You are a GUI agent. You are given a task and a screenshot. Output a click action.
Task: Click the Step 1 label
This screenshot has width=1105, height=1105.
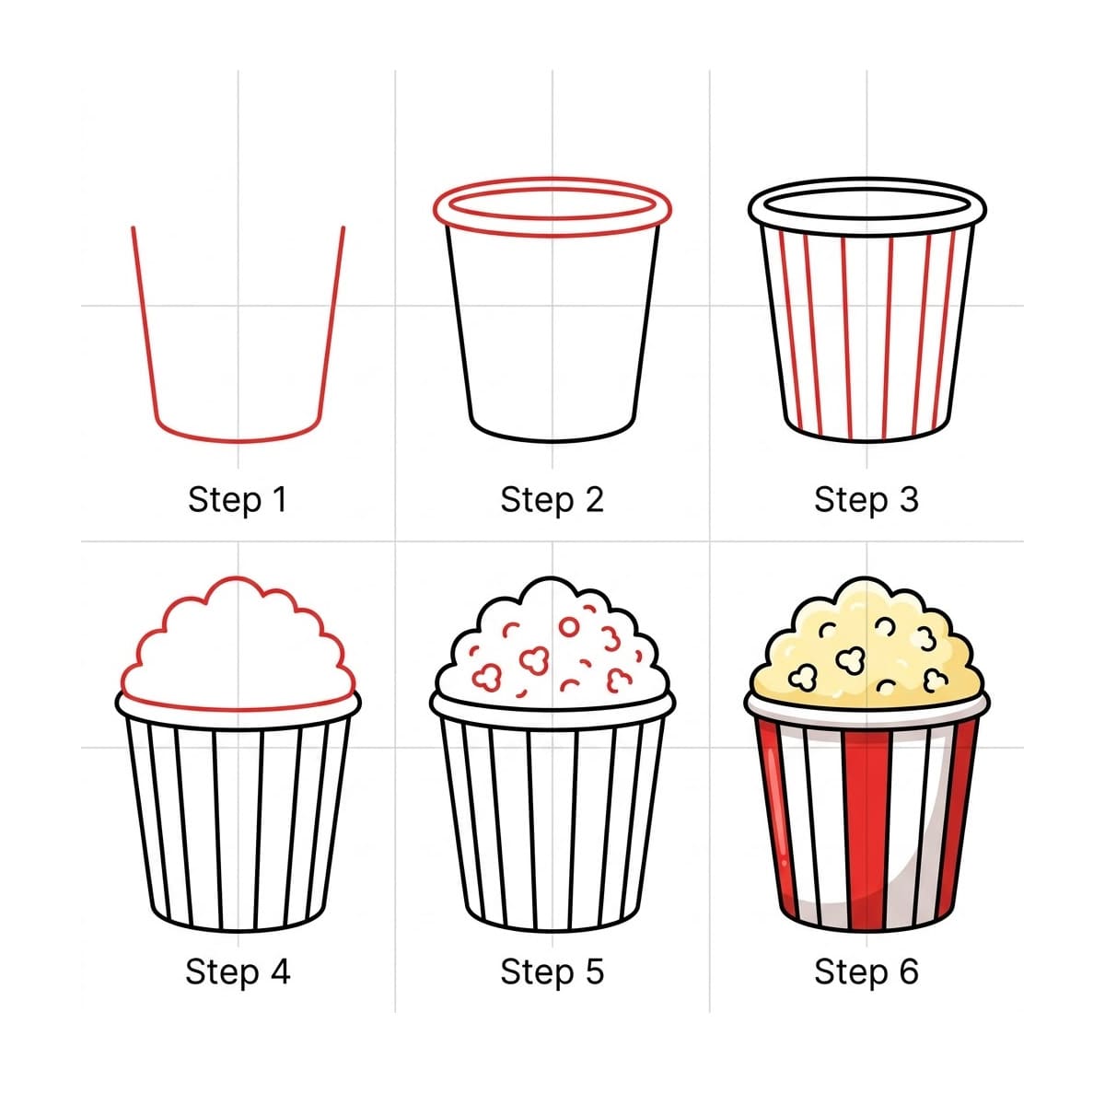click(238, 500)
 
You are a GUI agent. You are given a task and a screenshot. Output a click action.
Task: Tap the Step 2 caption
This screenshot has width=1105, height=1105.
click(552, 500)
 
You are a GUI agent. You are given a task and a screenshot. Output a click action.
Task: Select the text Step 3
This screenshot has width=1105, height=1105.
click(866, 500)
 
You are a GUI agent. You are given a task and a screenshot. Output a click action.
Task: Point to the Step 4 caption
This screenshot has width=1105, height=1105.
click(238, 971)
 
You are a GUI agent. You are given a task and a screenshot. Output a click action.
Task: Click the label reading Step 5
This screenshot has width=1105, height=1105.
click(552, 971)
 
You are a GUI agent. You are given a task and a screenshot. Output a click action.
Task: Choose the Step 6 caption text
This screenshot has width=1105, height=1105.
click(866, 971)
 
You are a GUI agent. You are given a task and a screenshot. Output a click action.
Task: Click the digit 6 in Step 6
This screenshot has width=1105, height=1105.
click(909, 971)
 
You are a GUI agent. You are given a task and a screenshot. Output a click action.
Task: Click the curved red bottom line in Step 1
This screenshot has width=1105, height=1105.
click(238, 440)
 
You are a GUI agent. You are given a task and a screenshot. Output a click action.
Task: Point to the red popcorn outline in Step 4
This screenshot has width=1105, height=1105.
click(238, 579)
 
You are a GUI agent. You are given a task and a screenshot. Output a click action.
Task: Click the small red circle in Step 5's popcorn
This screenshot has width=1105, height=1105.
click(569, 627)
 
